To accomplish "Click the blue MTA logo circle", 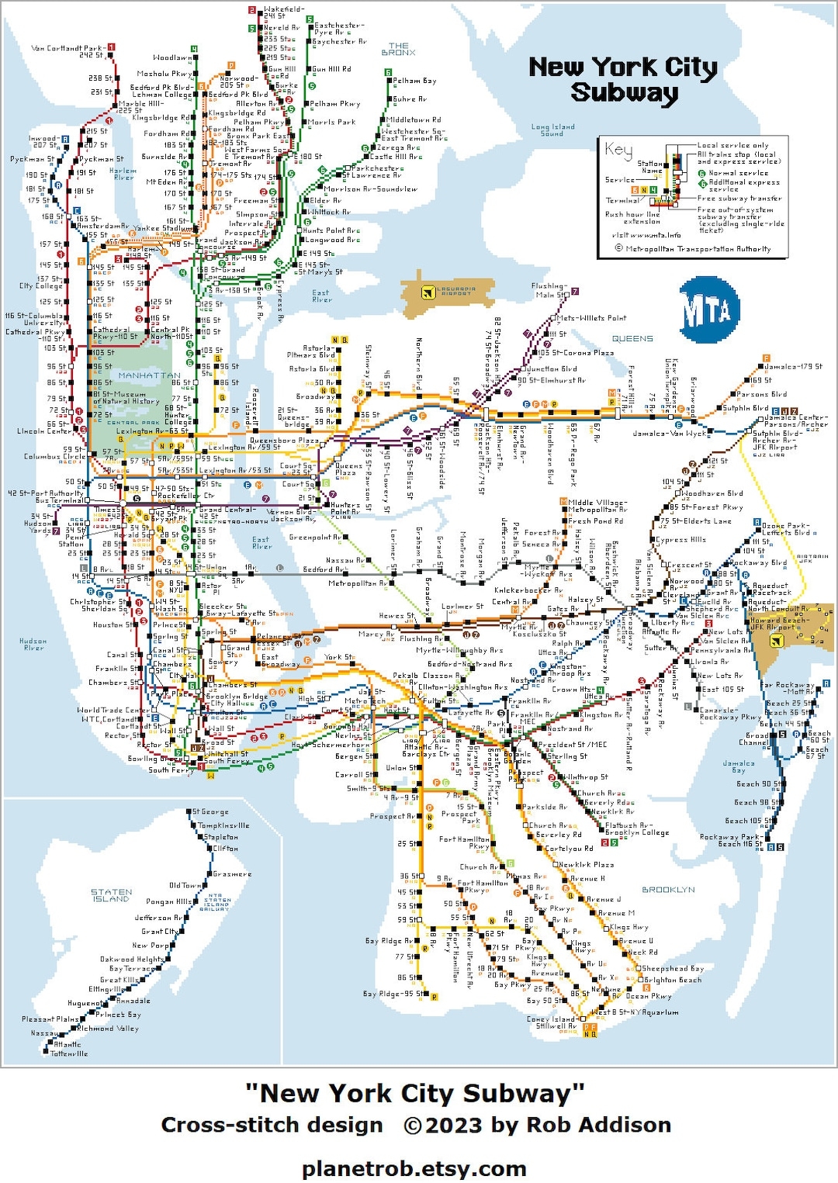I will pyautogui.click(x=707, y=310).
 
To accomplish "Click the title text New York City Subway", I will pyautogui.click(x=623, y=79).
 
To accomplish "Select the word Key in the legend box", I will pyautogui.click(x=619, y=149).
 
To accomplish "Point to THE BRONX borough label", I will pyautogui.click(x=398, y=49).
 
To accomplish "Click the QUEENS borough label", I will pyautogui.click(x=632, y=338).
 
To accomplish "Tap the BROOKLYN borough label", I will pyautogui.click(x=668, y=890).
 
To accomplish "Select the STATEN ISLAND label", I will pyautogui.click(x=112, y=895).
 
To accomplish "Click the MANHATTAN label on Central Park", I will pyautogui.click(x=149, y=375).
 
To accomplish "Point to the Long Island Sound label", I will pyautogui.click(x=552, y=130).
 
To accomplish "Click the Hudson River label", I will pyautogui.click(x=33, y=645).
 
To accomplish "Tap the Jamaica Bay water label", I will pyautogui.click(x=738, y=766).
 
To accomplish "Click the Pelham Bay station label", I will pyautogui.click(x=414, y=81).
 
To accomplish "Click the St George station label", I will pyautogui.click(x=210, y=811).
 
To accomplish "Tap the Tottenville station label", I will pyautogui.click(x=69, y=1053).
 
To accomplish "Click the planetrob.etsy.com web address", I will pyautogui.click(x=414, y=1167).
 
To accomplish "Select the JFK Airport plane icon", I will pyautogui.click(x=775, y=641).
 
